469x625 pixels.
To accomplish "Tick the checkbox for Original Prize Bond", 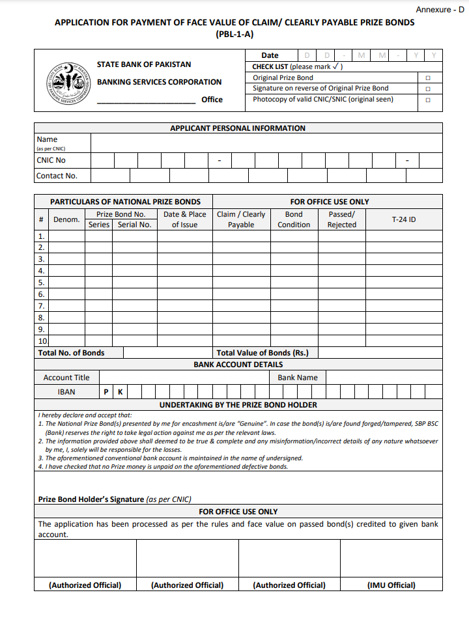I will click(x=428, y=78).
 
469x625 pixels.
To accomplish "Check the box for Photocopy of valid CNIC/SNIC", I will click(x=428, y=100).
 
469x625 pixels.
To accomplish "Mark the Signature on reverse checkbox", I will click(x=428, y=89).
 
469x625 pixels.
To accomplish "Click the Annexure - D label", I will click(x=440, y=10).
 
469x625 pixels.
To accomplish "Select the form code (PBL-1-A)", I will click(x=234, y=35).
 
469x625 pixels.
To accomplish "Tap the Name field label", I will click(x=47, y=139).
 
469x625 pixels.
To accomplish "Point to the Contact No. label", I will click(x=57, y=176).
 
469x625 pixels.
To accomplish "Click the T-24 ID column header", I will click(x=403, y=220).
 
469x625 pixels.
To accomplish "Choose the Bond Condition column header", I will click(x=294, y=219).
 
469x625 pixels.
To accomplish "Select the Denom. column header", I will click(x=66, y=220).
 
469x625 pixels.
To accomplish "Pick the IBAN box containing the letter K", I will click(x=120, y=392).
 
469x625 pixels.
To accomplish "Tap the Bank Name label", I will click(x=298, y=378).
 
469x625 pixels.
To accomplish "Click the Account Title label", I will click(x=66, y=378).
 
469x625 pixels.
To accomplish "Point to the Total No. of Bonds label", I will click(x=71, y=353).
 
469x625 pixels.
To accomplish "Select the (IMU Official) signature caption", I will click(x=391, y=585).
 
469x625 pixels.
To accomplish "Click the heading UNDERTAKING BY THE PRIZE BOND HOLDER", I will click(x=238, y=405).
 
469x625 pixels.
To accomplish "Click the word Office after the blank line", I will click(x=212, y=100).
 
